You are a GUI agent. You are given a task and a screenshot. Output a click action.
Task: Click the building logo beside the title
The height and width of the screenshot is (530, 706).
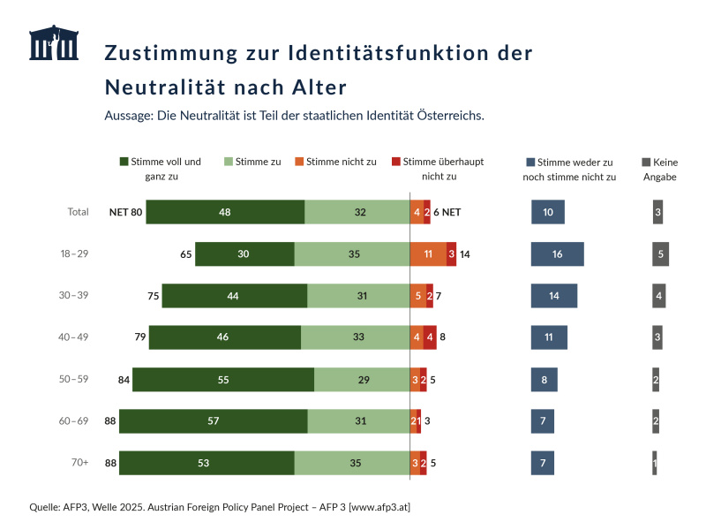pos(54,43)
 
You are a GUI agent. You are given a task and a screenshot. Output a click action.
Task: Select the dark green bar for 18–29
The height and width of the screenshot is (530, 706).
pos(244,254)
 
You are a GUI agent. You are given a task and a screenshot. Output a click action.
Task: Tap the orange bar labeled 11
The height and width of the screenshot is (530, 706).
pos(428,254)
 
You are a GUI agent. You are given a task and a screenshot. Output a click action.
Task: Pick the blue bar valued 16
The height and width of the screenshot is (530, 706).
pos(557,254)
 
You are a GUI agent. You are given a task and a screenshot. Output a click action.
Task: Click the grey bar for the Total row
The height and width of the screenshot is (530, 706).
pos(657,213)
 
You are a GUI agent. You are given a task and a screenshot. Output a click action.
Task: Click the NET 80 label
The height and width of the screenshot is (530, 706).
pos(125,213)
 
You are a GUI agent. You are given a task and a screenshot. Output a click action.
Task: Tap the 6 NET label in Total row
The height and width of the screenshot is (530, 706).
pos(447,213)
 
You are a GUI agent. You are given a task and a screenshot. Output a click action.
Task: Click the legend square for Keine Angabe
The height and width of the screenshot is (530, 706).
pos(646,163)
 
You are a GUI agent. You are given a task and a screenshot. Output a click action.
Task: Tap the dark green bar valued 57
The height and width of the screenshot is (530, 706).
pos(213,421)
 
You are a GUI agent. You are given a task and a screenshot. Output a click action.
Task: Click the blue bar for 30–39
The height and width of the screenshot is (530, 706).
pos(553,296)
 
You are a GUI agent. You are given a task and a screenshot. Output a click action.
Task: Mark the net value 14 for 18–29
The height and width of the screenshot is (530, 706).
pos(465,254)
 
